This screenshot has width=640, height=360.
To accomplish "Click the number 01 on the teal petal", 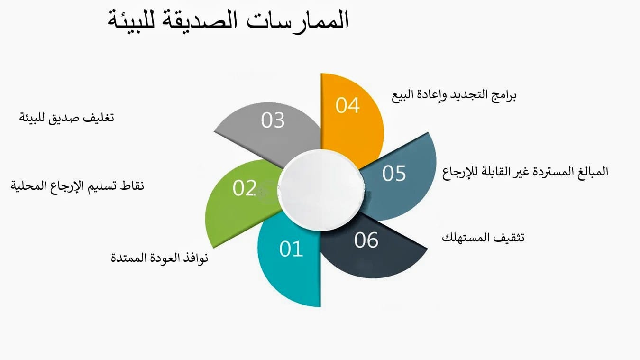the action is click(291, 249).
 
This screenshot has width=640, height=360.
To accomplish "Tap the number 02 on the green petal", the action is click(245, 188).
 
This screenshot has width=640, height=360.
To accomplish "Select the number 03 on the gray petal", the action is click(273, 120).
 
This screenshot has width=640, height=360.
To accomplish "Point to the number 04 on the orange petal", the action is click(347, 105).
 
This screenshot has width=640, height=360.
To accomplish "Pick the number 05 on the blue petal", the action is click(394, 173).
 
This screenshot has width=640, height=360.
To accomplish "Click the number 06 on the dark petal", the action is click(366, 240).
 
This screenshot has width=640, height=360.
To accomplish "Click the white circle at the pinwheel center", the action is click(320, 190).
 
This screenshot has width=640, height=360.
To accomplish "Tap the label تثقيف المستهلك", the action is click(483, 238).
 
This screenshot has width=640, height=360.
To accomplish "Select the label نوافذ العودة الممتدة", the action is click(159, 258).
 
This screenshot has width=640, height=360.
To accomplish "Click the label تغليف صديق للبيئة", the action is click(66, 118).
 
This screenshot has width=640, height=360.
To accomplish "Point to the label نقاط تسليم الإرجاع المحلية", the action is click(77, 186).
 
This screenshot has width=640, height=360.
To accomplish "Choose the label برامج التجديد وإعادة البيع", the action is click(454, 95).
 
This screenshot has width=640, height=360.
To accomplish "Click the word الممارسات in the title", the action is click(298, 20).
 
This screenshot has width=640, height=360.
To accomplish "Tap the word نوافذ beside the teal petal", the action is click(195, 258).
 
